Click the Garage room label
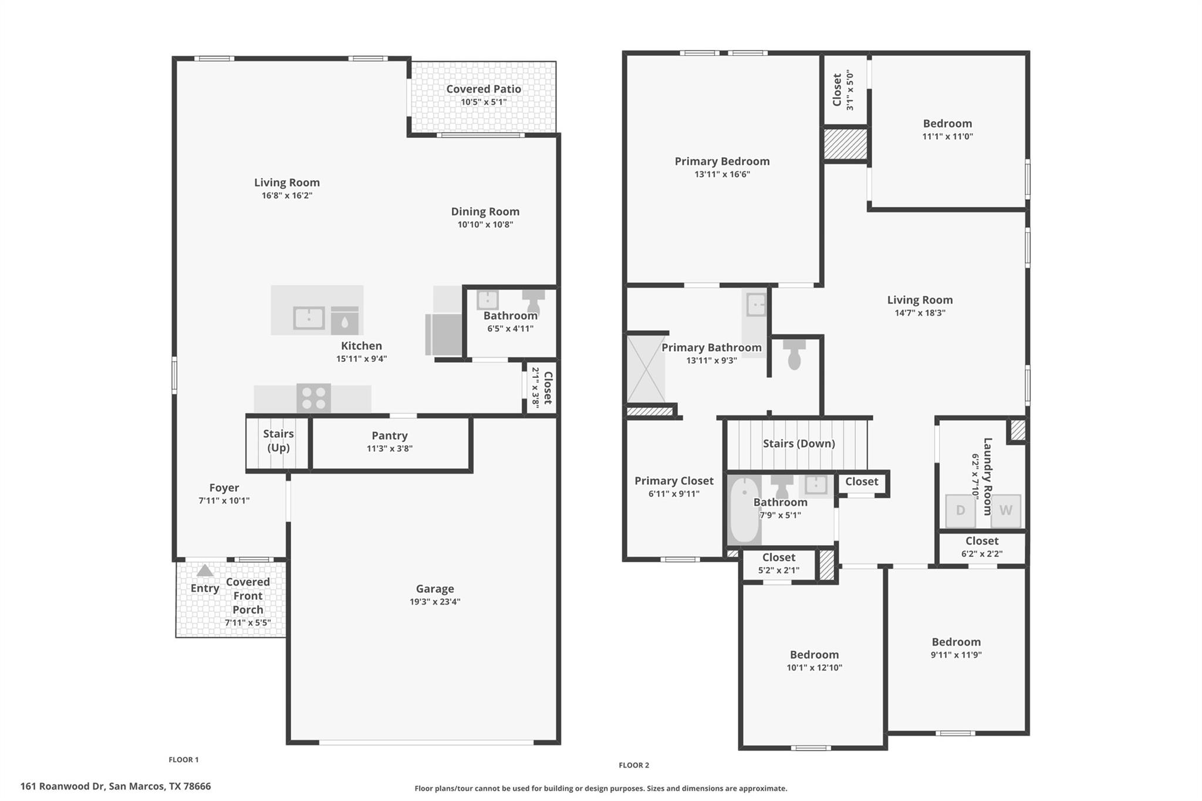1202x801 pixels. (435, 589)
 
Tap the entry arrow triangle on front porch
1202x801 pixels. (204, 570)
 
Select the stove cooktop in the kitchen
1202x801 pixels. (313, 398)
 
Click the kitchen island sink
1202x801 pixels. (309, 318)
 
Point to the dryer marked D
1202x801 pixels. (960, 511)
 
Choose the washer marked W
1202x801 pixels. (1005, 511)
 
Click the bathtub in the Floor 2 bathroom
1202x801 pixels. (744, 510)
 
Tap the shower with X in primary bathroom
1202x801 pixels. (646, 369)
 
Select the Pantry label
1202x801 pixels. (389, 435)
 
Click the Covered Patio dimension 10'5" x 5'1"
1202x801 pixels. (483, 102)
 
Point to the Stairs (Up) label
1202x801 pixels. (278, 440)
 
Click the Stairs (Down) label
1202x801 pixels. (798, 444)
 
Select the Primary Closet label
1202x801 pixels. (674, 481)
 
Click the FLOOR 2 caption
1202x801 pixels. (633, 765)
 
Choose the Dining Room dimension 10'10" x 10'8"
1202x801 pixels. (485, 225)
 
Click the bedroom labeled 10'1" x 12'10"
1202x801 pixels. (813, 661)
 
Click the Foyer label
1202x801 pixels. (224, 488)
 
